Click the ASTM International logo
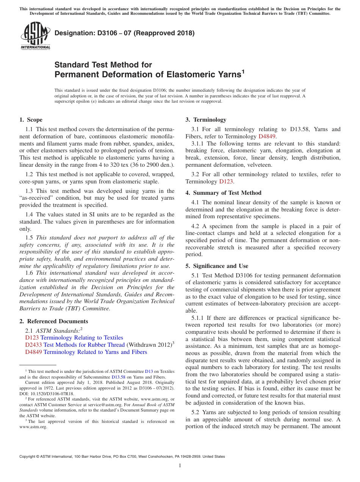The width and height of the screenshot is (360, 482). (x=35, y=36)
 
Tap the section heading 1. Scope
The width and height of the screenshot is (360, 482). (x=31, y=120)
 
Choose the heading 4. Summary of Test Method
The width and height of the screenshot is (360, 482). (x=223, y=193)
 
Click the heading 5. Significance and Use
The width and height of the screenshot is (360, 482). (x=217, y=266)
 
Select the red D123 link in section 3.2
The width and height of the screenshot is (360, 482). (x=226, y=182)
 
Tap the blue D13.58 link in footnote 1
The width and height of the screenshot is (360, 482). (x=118, y=377)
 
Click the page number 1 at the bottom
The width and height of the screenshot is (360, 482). (x=180, y=466)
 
